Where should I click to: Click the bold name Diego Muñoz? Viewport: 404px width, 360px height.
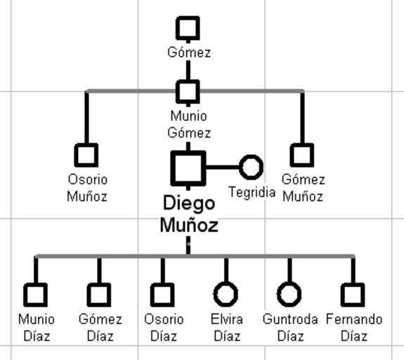tap(189, 214)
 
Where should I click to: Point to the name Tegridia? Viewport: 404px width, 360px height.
tap(252, 192)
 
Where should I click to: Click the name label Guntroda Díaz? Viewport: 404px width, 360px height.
tap(290, 328)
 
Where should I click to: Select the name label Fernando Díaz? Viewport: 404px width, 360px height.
tap(354, 328)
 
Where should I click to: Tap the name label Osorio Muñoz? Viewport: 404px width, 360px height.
tap(87, 188)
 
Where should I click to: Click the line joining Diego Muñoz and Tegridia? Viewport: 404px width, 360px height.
tap(223, 167)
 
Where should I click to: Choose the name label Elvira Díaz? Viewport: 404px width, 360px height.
tap(227, 328)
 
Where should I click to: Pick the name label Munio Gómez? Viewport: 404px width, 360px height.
tap(189, 124)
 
